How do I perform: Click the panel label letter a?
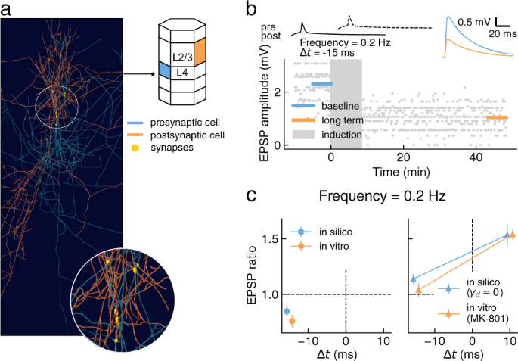pos(6,8)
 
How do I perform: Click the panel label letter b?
pos(256,8)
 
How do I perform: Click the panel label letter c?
pos(255,195)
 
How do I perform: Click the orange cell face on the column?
pos(200,54)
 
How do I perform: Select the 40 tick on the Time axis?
pos(476,157)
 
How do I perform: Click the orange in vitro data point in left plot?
pos(292,321)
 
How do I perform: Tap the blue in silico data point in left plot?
pos(287,311)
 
